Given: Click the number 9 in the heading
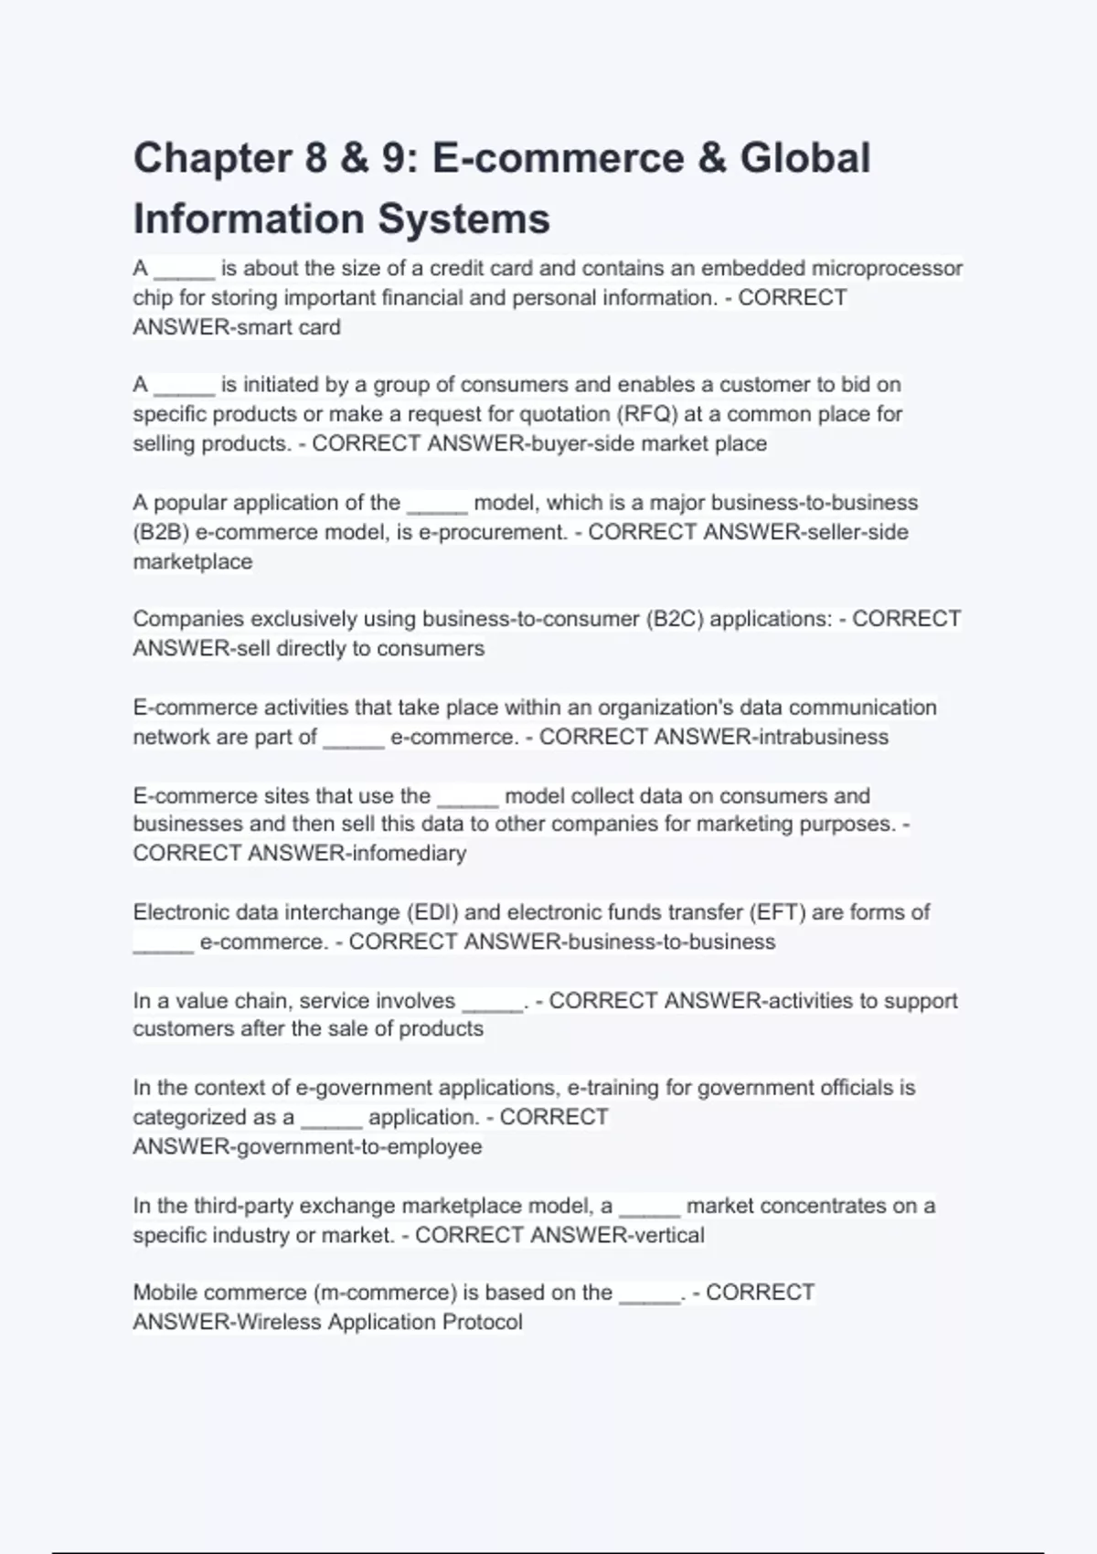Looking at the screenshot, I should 393,158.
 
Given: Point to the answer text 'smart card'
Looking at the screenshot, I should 289,327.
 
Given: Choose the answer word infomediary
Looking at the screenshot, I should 409,854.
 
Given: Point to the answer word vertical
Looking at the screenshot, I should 667,1236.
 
